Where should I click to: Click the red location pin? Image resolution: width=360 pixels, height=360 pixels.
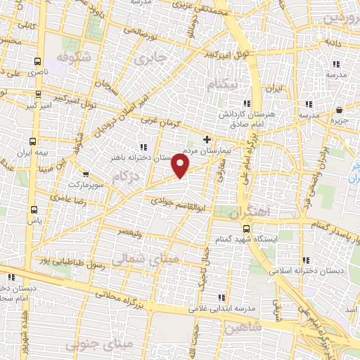(181, 166)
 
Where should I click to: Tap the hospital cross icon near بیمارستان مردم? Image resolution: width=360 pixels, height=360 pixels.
(206, 139)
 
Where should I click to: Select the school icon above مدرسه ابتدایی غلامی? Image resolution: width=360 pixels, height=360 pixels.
(223, 297)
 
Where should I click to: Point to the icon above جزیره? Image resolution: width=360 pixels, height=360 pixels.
(340, 110)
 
